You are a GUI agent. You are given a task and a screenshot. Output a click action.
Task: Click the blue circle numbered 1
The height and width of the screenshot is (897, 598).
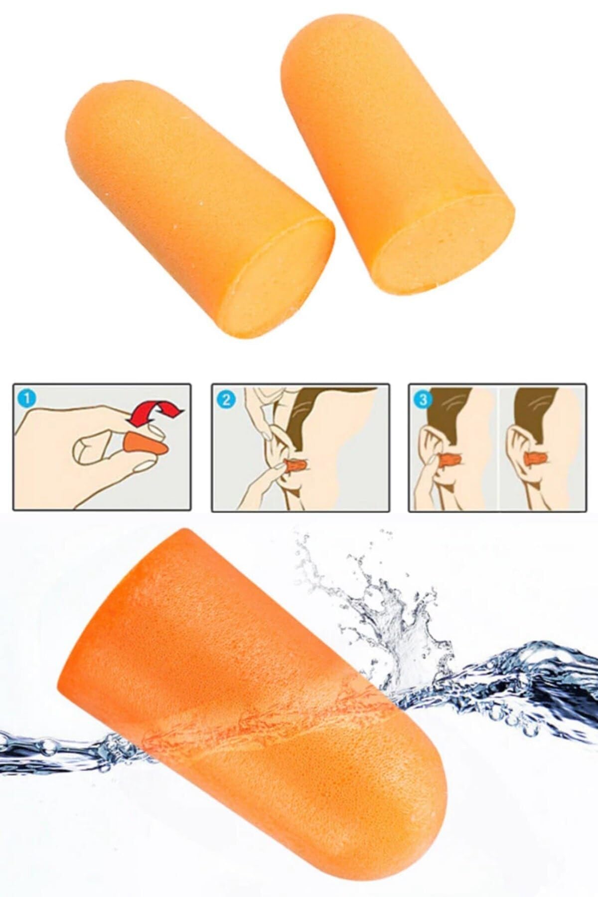(x=26, y=399)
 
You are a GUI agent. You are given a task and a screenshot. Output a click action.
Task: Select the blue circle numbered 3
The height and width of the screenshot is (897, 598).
(x=424, y=399)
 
